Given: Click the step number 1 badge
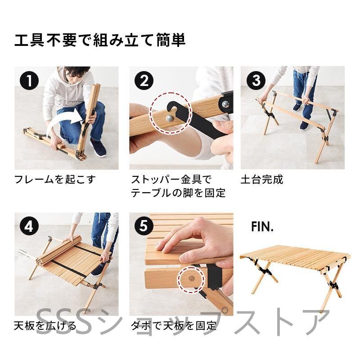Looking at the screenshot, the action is tap(29, 81).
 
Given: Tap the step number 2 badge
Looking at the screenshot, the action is tap(144, 81).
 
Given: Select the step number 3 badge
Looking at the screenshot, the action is tap(256, 81).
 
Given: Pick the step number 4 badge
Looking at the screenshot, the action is tap(29, 226).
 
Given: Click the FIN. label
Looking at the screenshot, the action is tap(262, 227).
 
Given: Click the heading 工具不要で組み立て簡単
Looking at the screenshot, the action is tap(100, 40).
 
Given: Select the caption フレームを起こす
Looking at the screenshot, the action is tap(54, 179).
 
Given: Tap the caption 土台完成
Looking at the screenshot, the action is tap(262, 179).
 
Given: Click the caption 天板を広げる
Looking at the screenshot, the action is tap(45, 325).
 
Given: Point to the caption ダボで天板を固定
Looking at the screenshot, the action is tap(173, 325).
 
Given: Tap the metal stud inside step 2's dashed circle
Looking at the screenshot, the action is tap(170, 118).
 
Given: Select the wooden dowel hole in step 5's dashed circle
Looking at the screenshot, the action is tap(191, 279).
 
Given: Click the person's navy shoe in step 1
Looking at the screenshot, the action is tap(98, 148).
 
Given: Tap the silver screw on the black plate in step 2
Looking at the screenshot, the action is tap(226, 104).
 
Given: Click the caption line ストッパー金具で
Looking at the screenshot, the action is tap(171, 179).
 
